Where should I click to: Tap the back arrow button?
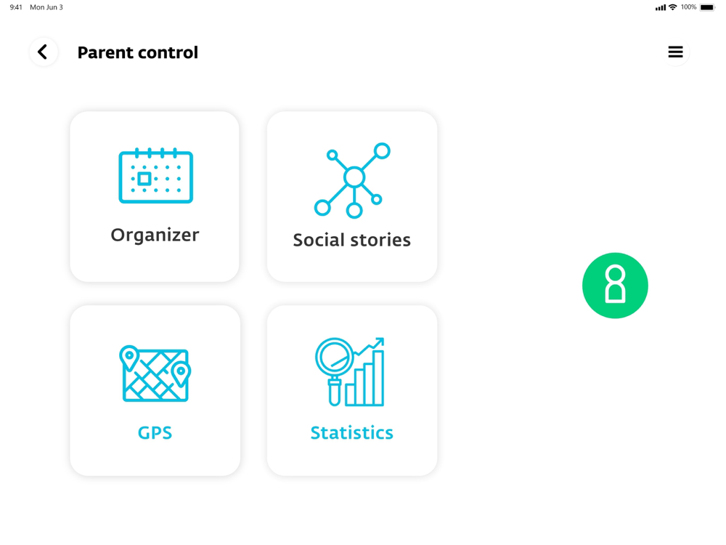pos(44,52)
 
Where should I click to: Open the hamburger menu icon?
pos(675,52)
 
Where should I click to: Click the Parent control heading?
pos(137,52)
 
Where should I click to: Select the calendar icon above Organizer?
pos(155,176)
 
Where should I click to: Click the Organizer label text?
pos(155,235)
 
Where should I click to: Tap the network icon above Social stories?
pos(352,180)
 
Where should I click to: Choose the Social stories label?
pos(352,240)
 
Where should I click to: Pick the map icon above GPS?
pos(155,374)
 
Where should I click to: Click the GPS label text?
pos(155,433)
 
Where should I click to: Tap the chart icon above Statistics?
pos(350,371)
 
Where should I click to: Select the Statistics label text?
pos(352,433)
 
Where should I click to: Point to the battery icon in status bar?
pos(707,7)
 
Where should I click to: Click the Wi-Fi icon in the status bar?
pos(673,7)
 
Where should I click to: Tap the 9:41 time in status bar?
pos(16,7)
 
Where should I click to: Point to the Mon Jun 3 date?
pos(46,7)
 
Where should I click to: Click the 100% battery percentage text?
pos(688,7)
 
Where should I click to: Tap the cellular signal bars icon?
pos(661,7)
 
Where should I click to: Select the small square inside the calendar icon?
pos(144,179)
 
